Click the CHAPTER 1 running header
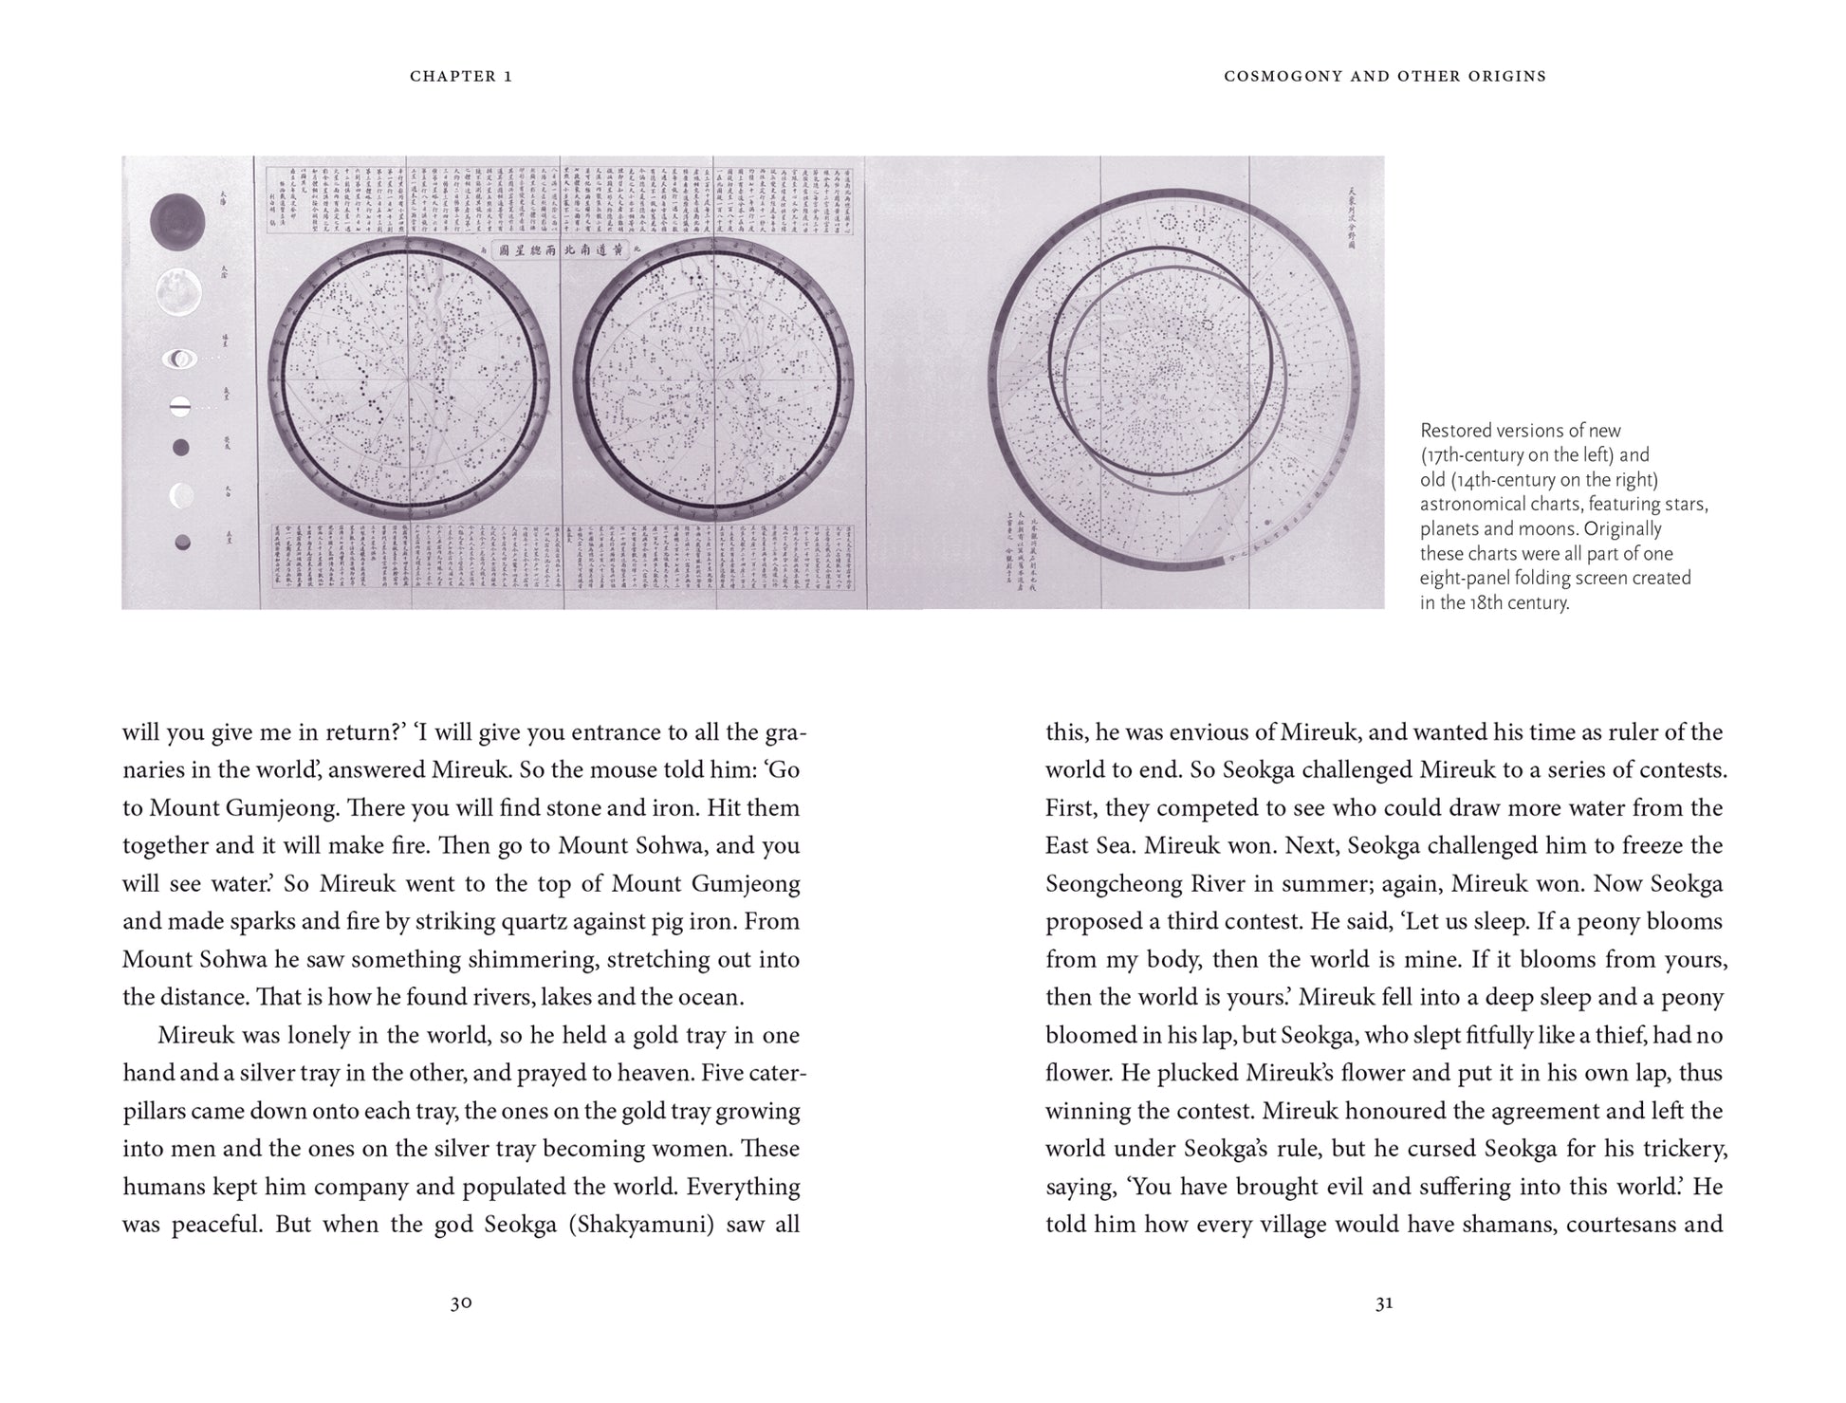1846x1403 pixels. point(461,76)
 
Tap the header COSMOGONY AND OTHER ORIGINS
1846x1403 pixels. point(1384,76)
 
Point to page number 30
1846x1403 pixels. point(461,1302)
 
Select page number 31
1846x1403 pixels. point(1384,1302)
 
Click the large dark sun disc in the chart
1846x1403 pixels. point(177,222)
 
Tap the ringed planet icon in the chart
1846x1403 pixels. point(179,359)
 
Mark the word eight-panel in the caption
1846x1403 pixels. point(1474,578)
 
